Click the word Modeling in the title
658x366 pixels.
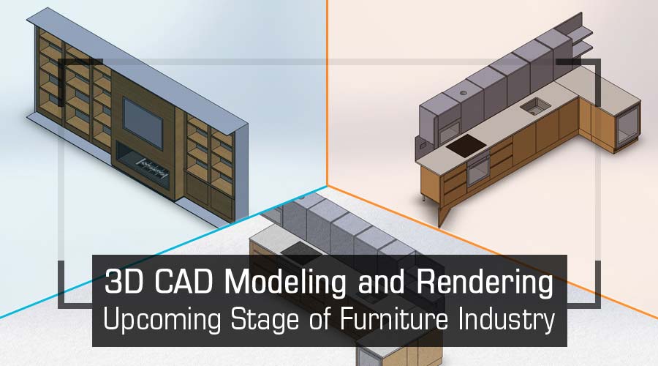pos(285,283)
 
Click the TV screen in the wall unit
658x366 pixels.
pos(143,122)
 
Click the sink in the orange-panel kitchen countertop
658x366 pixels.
pos(535,106)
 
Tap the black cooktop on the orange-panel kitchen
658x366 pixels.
pos(466,146)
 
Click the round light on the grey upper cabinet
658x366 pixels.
pos(464,93)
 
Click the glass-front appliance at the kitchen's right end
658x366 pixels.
pos(628,125)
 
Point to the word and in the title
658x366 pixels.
pos(381,282)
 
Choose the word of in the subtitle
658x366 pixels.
pos(319,319)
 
